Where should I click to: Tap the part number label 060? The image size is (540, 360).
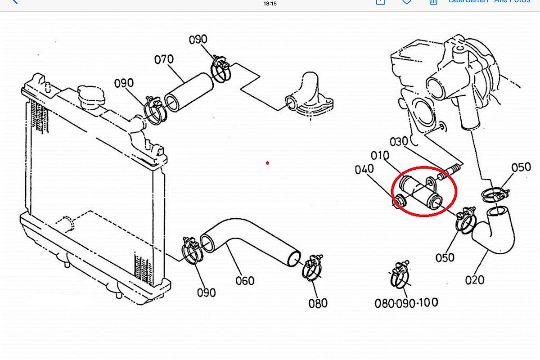tap(245, 280)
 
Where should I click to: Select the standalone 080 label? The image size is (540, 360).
tap(318, 303)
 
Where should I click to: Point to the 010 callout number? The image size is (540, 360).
tap(380, 156)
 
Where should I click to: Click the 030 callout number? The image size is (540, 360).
tap(399, 142)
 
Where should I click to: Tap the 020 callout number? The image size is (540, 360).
tap(475, 280)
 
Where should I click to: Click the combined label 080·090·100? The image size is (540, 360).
tap(406, 302)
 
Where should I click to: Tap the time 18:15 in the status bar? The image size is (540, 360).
tap(270, 3)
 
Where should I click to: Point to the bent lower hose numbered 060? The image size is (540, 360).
tap(252, 243)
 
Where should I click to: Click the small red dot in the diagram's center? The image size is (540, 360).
tap(268, 162)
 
